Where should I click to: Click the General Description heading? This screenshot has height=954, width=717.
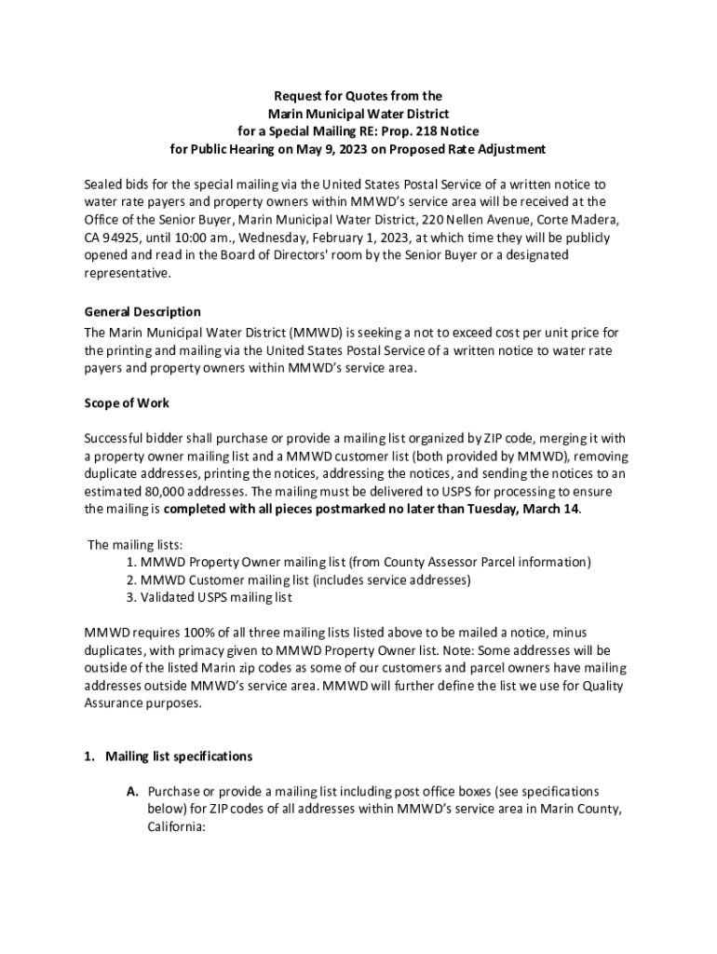142,311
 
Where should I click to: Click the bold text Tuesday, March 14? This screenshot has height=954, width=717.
517,509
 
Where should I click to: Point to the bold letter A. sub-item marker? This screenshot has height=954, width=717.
133,791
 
